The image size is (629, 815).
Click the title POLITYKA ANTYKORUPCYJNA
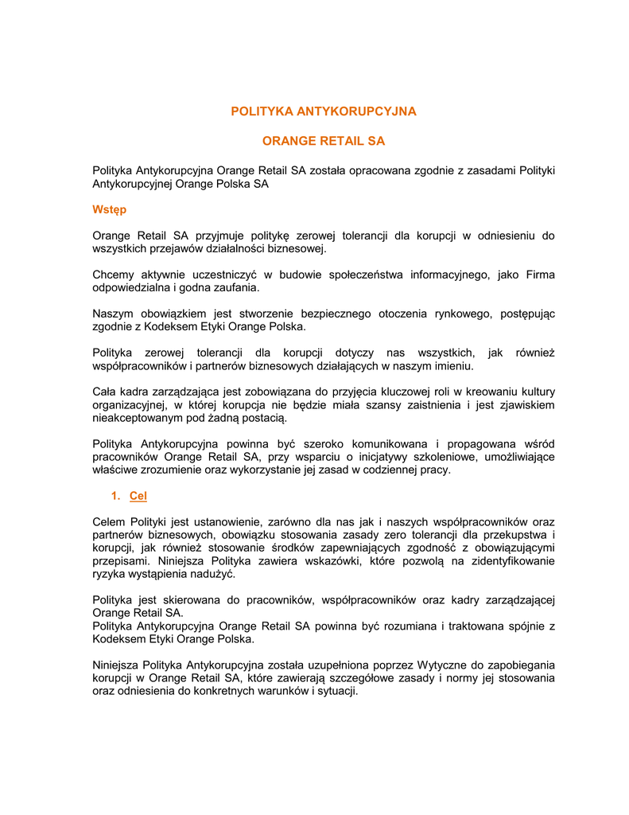click(323, 111)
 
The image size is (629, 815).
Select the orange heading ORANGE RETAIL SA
click(323, 141)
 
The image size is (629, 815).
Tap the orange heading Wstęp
click(109, 210)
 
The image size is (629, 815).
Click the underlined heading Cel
click(138, 496)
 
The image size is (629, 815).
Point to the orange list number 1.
click(116, 496)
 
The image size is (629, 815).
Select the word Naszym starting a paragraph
click(113, 314)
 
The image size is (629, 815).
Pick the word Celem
click(110, 521)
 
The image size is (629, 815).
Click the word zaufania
click(235, 287)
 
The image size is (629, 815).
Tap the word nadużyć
click(214, 573)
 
